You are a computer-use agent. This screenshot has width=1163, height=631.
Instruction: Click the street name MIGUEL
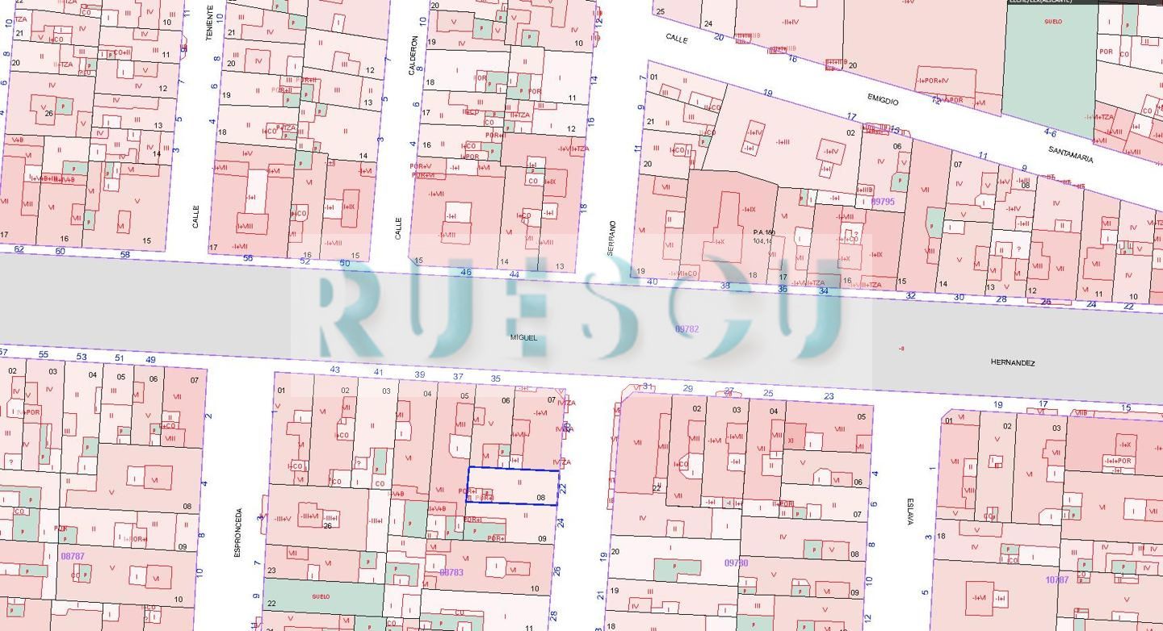tap(523, 337)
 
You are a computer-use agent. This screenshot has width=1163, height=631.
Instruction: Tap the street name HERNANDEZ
tap(1012, 363)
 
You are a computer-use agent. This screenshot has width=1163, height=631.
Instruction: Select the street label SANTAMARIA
tap(1071, 154)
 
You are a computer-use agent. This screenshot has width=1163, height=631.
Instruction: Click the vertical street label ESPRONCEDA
tap(237, 533)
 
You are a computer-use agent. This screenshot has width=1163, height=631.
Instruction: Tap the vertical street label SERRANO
tap(611, 238)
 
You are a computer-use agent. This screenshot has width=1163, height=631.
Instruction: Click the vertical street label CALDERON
tap(413, 55)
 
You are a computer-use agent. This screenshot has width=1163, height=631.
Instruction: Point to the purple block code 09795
tap(883, 202)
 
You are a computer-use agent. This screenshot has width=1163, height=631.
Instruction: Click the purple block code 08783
tap(451, 572)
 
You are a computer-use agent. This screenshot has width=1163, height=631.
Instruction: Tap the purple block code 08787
tap(73, 556)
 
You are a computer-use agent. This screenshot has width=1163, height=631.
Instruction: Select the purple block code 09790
tap(736, 563)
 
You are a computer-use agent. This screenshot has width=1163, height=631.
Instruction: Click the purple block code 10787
tap(1056, 579)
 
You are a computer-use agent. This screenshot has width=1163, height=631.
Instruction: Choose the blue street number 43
tap(335, 370)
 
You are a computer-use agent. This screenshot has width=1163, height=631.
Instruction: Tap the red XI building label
tap(791, 441)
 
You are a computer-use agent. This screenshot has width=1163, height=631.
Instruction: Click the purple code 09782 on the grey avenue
tap(686, 329)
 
